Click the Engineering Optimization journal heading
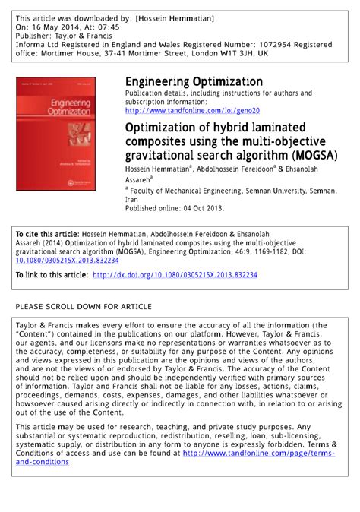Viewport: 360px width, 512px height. coord(194,81)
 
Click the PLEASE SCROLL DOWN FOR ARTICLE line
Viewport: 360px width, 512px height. coord(84,306)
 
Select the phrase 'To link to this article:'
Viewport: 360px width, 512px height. coord(50,275)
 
